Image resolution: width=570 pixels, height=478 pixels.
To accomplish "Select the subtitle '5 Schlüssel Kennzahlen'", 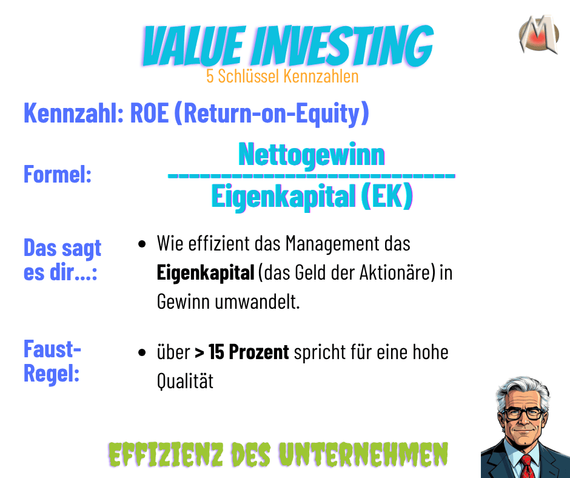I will point(282,77).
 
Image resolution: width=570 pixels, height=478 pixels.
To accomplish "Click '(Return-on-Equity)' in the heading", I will point(271,113).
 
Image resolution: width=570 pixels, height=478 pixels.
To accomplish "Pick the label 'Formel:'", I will point(58,175).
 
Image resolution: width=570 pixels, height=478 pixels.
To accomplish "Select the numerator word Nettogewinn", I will point(311,154).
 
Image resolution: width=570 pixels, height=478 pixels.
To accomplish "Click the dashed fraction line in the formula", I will point(311,176).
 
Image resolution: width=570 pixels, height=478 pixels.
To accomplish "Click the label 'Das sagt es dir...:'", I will point(62,260).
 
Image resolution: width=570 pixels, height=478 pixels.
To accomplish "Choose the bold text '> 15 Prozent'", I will point(241,352).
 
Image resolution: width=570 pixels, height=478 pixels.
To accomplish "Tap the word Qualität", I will point(185,382).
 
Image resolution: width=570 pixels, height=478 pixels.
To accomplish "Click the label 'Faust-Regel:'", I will point(52,362).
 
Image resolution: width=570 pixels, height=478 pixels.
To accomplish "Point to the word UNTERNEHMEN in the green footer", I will point(370,454).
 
